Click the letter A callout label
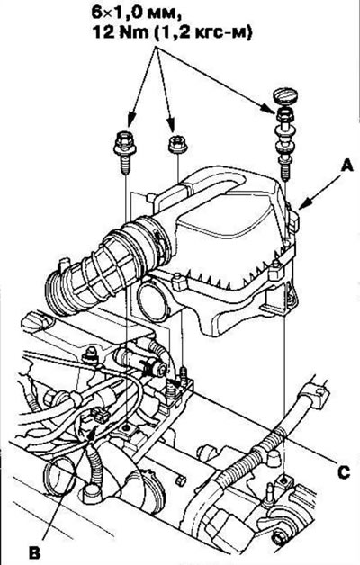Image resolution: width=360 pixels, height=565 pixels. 346,167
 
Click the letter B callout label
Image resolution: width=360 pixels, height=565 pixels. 35,552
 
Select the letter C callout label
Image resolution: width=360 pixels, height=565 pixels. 344,471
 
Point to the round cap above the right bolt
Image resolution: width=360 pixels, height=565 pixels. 284,95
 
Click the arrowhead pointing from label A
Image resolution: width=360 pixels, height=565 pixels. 302,205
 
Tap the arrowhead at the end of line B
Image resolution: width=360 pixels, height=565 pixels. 93,431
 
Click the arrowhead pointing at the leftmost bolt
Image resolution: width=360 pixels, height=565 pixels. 130,120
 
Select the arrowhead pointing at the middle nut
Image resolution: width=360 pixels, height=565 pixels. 172,125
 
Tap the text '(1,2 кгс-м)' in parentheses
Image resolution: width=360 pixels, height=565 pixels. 201,33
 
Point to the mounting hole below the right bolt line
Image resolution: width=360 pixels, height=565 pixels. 284,480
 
